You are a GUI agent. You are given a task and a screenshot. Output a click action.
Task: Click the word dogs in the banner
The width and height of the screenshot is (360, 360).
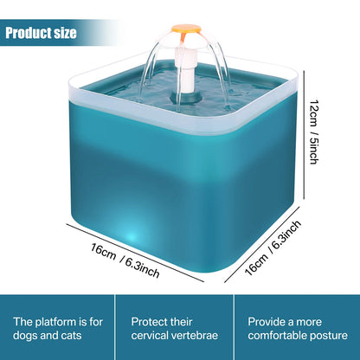point(30,335)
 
